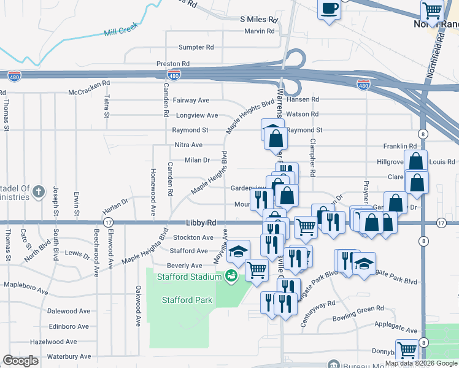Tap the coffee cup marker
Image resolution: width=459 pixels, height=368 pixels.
[330, 8]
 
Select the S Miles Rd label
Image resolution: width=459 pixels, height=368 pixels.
[258, 20]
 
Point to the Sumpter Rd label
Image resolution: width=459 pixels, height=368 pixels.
[196, 47]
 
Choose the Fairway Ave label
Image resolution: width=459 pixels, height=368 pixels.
[191, 100]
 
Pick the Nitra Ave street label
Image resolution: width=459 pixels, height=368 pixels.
[188, 145]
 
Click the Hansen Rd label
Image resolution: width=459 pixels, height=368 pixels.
[303, 99]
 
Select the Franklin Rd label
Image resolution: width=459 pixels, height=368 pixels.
[400, 147]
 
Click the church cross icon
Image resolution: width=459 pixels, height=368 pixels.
[38, 191]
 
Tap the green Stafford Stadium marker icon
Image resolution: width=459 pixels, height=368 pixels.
[232, 276]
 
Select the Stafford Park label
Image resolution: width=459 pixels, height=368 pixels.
[187, 300]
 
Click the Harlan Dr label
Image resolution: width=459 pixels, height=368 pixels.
[115, 201]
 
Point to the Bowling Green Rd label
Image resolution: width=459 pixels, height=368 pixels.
[358, 310]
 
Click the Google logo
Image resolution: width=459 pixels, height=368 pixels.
[20, 361]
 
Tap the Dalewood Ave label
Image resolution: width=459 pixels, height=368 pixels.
[68, 312]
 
